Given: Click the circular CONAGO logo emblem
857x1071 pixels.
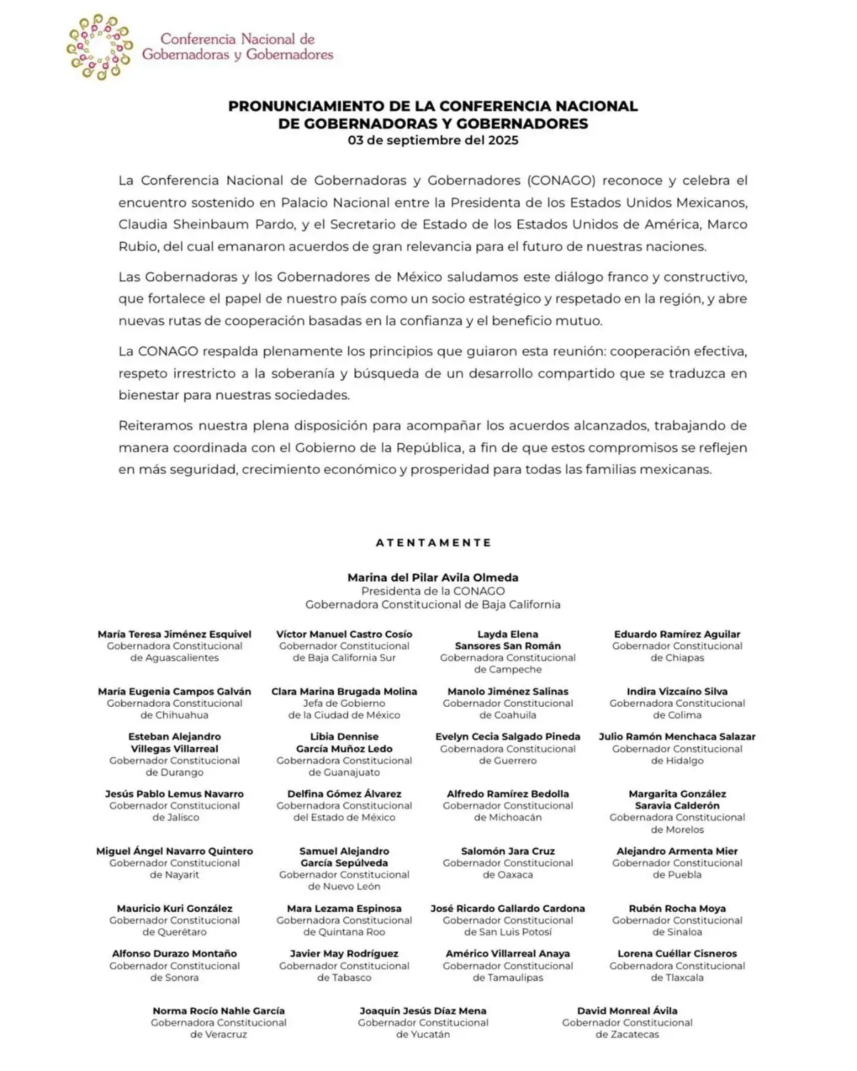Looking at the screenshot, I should coord(99,46).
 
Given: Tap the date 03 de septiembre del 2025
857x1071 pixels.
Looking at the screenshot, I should coord(433,140).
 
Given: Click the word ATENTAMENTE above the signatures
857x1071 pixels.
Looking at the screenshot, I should coord(433,543).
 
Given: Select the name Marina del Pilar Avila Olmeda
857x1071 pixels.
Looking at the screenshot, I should coord(433,578).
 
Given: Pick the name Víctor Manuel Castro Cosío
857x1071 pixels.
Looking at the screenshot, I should coord(344,634).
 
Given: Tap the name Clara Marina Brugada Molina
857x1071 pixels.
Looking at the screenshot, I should coord(344,691).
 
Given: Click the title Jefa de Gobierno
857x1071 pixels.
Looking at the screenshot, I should coord(344,703).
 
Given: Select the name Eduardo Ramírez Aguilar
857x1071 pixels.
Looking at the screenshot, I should coord(677,634).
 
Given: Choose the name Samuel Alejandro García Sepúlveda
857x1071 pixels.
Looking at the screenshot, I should coord(344,857).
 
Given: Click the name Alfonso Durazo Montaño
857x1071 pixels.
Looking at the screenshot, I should coord(174,953).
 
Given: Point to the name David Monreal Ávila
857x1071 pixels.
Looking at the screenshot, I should coord(627,1010).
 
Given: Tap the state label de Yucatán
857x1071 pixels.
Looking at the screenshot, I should coord(423,1034).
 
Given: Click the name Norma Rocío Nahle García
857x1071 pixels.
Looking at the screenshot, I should coord(219,1010).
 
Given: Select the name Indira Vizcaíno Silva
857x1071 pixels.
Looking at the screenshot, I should coord(677,691).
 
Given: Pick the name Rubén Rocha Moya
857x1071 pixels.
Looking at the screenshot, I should coord(677,908).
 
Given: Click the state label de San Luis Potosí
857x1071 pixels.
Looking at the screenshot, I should coord(508,932).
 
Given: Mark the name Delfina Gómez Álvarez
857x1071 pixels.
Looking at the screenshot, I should coord(344,793).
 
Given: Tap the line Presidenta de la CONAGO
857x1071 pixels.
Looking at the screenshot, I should coord(433,591).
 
